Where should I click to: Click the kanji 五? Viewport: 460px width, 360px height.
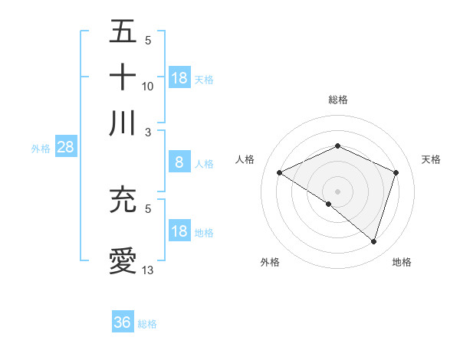[123, 32]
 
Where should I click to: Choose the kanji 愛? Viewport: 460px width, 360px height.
[123, 260]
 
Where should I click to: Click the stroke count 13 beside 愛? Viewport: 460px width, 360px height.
[148, 270]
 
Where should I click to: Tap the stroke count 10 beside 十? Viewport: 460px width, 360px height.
[148, 86]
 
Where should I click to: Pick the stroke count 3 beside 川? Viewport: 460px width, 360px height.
[148, 132]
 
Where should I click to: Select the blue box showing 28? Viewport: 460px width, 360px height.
[65, 147]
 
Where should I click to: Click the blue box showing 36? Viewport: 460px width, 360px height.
[123, 322]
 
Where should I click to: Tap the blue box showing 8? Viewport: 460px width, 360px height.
[179, 162]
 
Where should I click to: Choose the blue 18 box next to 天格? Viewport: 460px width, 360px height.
[179, 77]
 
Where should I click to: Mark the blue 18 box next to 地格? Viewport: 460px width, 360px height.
[179, 231]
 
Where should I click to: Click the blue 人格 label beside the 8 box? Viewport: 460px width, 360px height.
[204, 163]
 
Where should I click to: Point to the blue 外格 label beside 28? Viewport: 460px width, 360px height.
[41, 149]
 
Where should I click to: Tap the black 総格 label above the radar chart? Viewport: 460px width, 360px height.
[337, 100]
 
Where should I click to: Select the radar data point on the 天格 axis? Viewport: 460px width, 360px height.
[396, 173]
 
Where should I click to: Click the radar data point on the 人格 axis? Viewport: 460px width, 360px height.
[280, 173]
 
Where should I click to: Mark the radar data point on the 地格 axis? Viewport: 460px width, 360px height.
[373, 241]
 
